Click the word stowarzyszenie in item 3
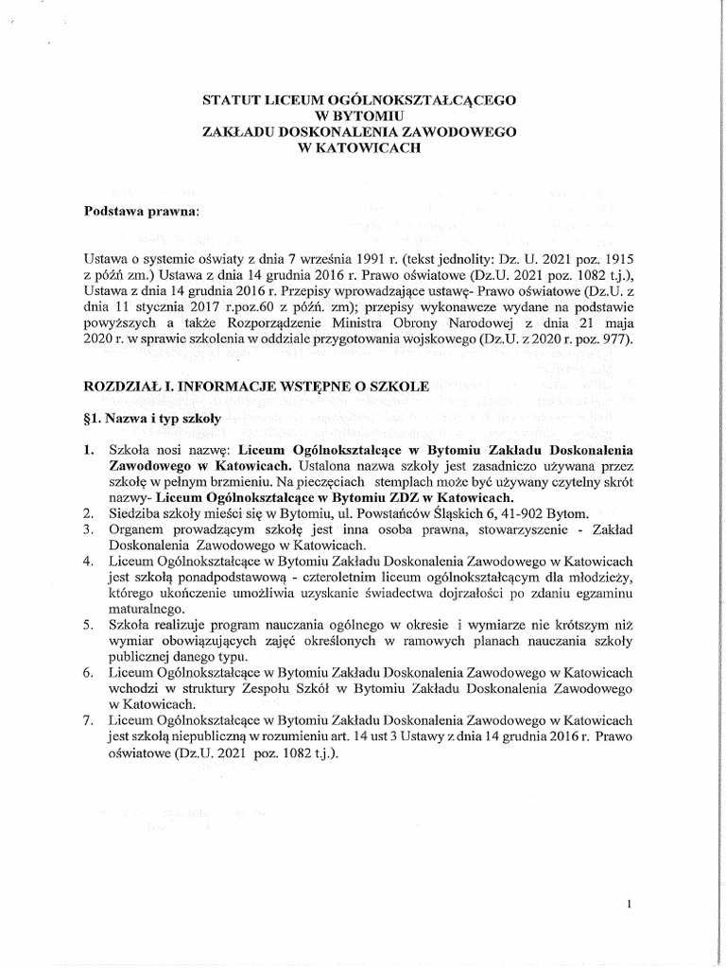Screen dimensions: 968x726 tap(521, 530)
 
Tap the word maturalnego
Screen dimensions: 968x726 tap(147, 611)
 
